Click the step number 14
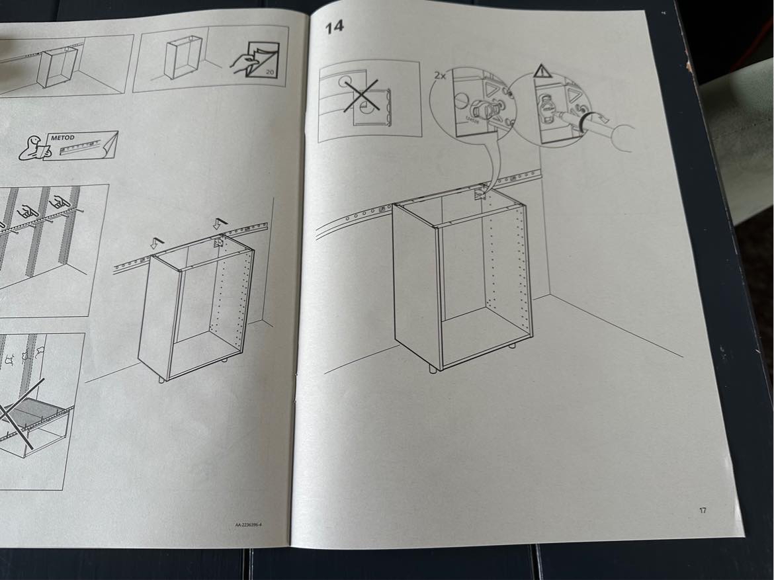(333, 28)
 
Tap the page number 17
(702, 510)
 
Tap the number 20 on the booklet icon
(268, 71)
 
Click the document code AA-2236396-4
(249, 525)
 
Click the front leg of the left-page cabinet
(161, 378)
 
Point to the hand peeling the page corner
(243, 63)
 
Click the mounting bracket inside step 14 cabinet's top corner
(479, 194)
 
